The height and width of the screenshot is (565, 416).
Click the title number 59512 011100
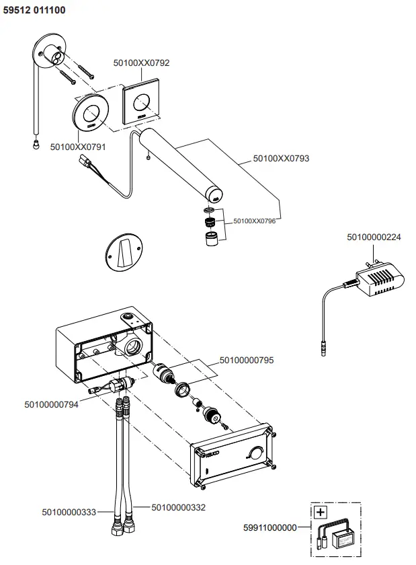(x=34, y=11)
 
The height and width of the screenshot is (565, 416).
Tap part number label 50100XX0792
(x=141, y=63)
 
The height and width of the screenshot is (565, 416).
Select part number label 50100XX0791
(x=77, y=145)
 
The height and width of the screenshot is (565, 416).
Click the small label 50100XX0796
(x=255, y=220)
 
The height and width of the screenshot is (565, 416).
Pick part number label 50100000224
(x=374, y=236)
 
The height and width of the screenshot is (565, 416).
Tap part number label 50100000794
(x=52, y=404)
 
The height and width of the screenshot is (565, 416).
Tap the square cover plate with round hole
(x=142, y=103)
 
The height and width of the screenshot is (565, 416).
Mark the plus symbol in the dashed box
(x=321, y=513)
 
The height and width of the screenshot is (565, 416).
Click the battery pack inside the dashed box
(x=345, y=539)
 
